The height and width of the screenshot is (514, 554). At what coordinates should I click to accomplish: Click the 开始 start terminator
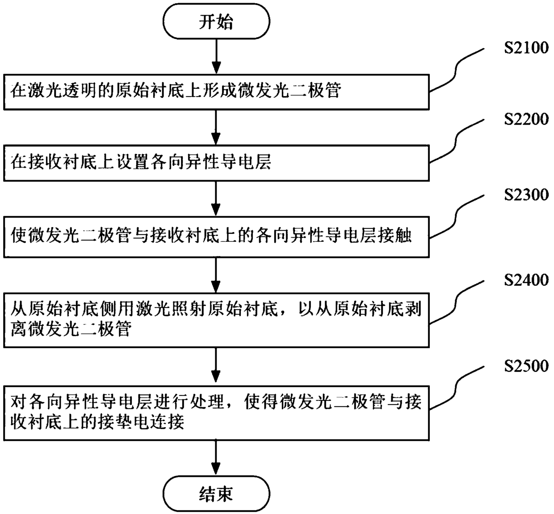tap(216, 21)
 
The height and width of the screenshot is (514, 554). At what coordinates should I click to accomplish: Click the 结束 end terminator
tap(216, 494)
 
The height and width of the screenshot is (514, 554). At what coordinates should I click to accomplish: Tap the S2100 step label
tap(526, 48)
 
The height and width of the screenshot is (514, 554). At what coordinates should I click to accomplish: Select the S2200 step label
tap(526, 119)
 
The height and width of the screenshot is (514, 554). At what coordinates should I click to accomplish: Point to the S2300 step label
tap(526, 194)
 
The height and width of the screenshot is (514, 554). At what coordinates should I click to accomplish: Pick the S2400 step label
tap(526, 280)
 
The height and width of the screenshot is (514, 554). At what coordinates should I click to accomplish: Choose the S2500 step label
tap(526, 366)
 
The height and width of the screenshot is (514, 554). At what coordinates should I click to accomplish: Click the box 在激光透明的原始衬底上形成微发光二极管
tap(216, 92)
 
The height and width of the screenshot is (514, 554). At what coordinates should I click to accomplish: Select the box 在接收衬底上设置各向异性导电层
tap(216, 163)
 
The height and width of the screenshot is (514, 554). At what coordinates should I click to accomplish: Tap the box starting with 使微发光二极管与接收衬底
tap(216, 237)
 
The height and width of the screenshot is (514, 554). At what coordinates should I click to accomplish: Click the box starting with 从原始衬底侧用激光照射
tap(216, 320)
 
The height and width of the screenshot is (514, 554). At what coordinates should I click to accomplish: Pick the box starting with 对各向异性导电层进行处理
tap(216, 413)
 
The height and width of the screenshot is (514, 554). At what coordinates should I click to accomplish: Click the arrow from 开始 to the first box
tap(216, 56)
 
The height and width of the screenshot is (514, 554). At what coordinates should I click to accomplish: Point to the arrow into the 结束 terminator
tap(216, 458)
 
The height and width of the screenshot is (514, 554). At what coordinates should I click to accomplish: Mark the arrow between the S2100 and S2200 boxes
tap(216, 127)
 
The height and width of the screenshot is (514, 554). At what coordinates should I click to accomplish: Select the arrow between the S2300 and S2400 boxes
tap(216, 275)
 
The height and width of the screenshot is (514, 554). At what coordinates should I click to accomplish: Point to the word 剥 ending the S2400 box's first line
tap(413, 309)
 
